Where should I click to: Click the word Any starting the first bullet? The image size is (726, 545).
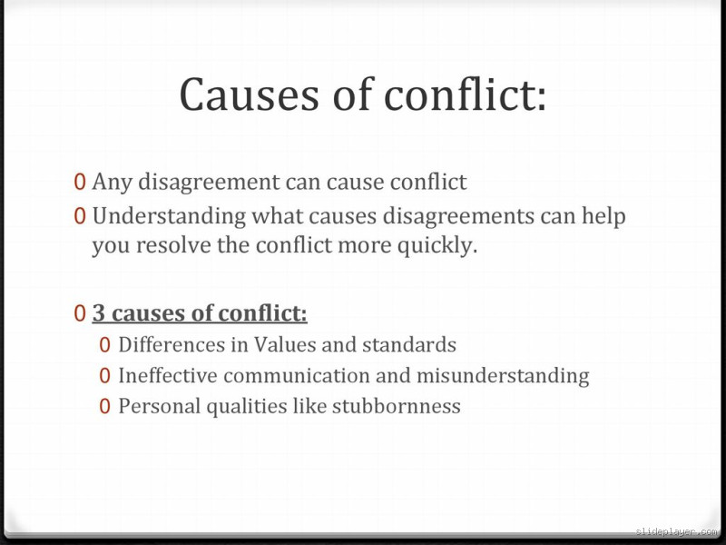pyautogui.click(x=112, y=183)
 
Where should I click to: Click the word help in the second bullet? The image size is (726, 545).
pyautogui.click(x=604, y=217)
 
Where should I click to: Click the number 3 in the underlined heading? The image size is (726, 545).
pyautogui.click(x=99, y=314)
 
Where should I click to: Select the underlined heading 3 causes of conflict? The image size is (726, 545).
pyautogui.click(x=200, y=314)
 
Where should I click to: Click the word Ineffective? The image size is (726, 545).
pyautogui.click(x=168, y=375)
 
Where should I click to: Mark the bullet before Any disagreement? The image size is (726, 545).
pyautogui.click(x=81, y=183)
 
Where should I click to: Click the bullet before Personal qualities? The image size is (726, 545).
pyautogui.click(x=105, y=406)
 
